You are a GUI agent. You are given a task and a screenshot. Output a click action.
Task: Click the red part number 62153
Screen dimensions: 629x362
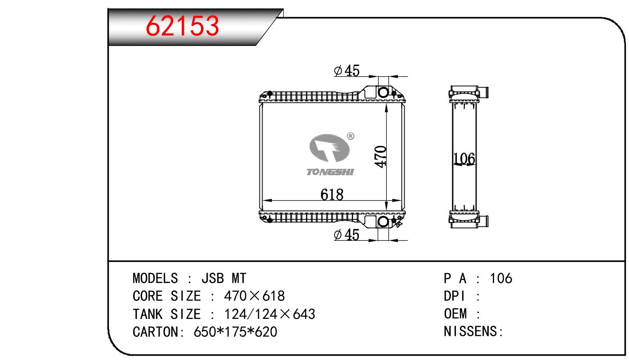point(182,26)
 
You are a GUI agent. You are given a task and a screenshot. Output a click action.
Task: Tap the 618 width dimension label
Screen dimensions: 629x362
point(332,194)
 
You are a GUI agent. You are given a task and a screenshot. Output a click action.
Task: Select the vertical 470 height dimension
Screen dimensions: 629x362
point(380,157)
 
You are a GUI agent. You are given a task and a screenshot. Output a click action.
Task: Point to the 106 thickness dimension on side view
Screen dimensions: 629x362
point(464,159)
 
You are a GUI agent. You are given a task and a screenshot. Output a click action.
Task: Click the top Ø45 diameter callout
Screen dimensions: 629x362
point(347,71)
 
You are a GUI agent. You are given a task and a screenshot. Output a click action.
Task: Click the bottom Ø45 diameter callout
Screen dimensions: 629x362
point(347,235)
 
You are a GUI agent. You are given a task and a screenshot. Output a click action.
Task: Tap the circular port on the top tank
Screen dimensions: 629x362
point(384,92)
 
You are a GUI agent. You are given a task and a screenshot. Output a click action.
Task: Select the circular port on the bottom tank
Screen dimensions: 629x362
point(384,222)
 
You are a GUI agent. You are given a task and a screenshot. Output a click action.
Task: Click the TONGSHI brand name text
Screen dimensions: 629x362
point(330,172)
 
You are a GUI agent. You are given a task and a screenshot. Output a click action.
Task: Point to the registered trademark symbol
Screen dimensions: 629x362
point(351,136)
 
